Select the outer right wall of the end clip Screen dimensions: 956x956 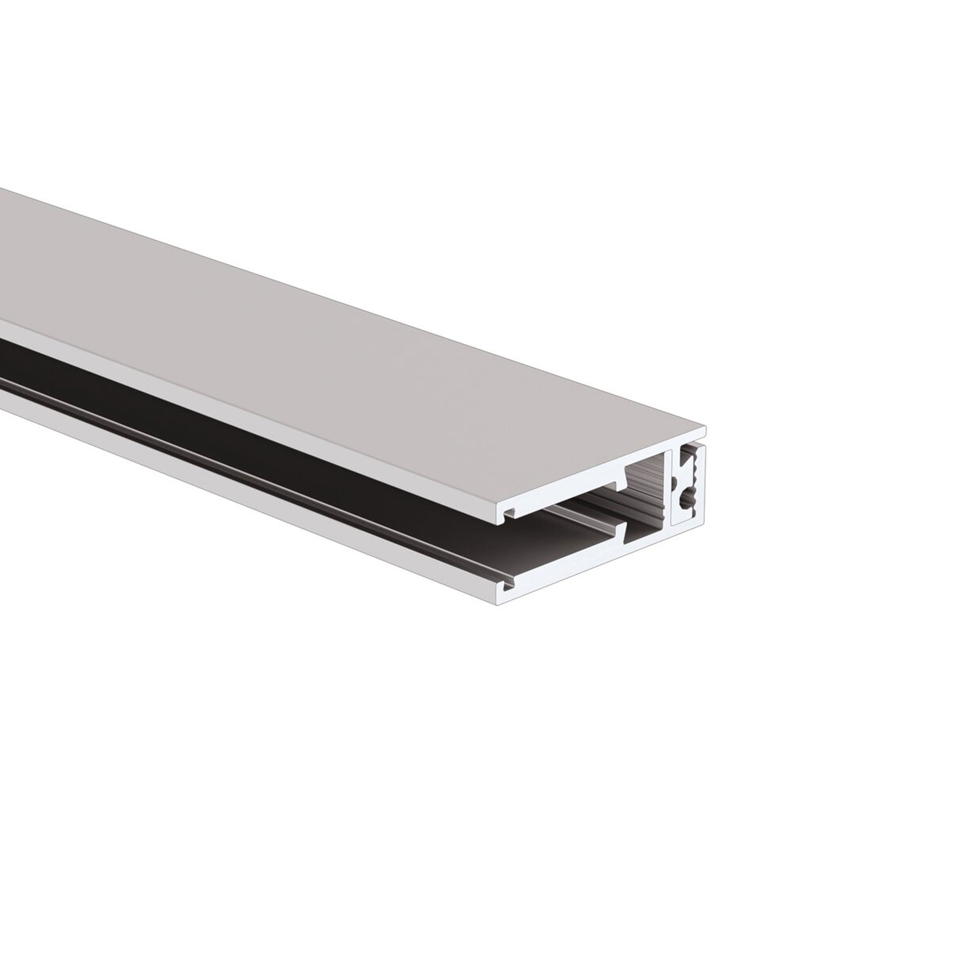coord(701,485)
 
